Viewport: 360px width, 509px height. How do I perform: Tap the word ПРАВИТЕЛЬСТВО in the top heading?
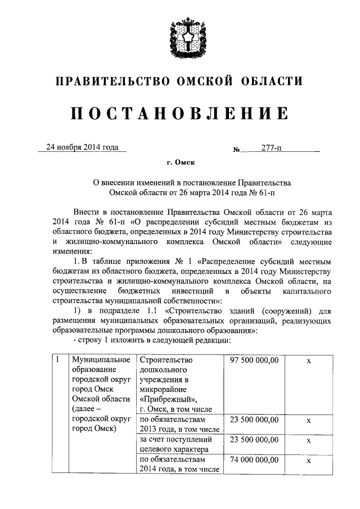105,82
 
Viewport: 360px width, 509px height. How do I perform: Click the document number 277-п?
272,148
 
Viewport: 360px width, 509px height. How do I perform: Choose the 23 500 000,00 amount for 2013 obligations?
255,420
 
